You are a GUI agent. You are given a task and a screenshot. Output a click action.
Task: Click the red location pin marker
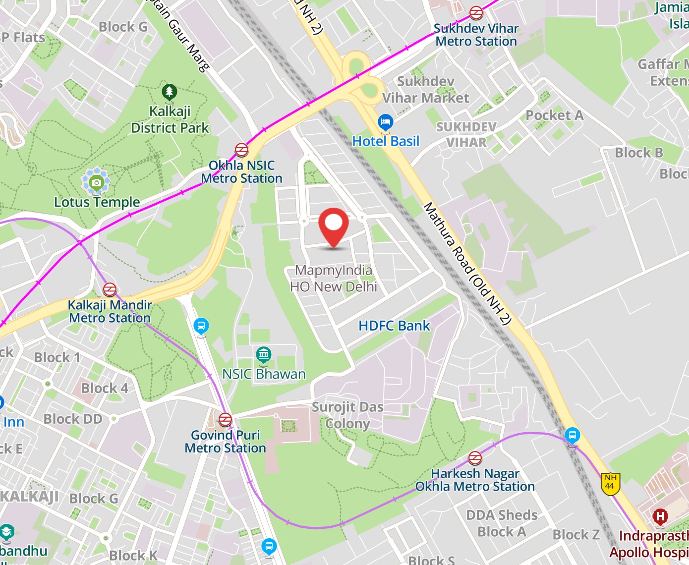tap(334, 226)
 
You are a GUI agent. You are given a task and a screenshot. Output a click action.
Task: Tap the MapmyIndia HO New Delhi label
tap(334, 279)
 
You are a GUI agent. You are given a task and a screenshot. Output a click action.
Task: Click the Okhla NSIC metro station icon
tap(241, 150)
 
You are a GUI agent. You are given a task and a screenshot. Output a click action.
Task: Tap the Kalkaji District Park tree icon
tap(170, 92)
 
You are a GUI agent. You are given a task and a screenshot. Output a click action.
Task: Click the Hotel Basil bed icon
tap(385, 122)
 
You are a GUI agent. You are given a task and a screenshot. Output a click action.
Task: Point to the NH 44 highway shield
tap(610, 483)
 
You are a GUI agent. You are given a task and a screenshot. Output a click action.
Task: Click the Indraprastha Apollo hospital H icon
tap(660, 517)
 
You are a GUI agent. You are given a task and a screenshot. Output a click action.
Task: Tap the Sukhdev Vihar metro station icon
tap(476, 13)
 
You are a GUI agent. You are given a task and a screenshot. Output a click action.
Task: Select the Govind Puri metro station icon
tap(225, 419)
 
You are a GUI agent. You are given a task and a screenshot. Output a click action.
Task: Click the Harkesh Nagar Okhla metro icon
tap(475, 458)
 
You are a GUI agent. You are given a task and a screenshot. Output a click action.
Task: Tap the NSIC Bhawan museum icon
tap(264, 355)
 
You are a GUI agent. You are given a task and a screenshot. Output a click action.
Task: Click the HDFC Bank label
tap(395, 326)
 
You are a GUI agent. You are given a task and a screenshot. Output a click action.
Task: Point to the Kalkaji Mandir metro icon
tap(110, 289)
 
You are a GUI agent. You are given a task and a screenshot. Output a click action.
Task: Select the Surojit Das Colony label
tap(347, 415)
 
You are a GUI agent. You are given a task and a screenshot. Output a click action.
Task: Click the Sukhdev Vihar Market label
tap(426, 90)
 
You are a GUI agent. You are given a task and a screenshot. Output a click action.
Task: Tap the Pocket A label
tap(554, 115)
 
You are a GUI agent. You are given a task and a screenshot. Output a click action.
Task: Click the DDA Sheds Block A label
tap(502, 523)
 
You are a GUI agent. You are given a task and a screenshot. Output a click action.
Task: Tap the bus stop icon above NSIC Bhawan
tap(201, 326)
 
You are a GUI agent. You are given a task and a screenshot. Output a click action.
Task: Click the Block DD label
tap(73, 419)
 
